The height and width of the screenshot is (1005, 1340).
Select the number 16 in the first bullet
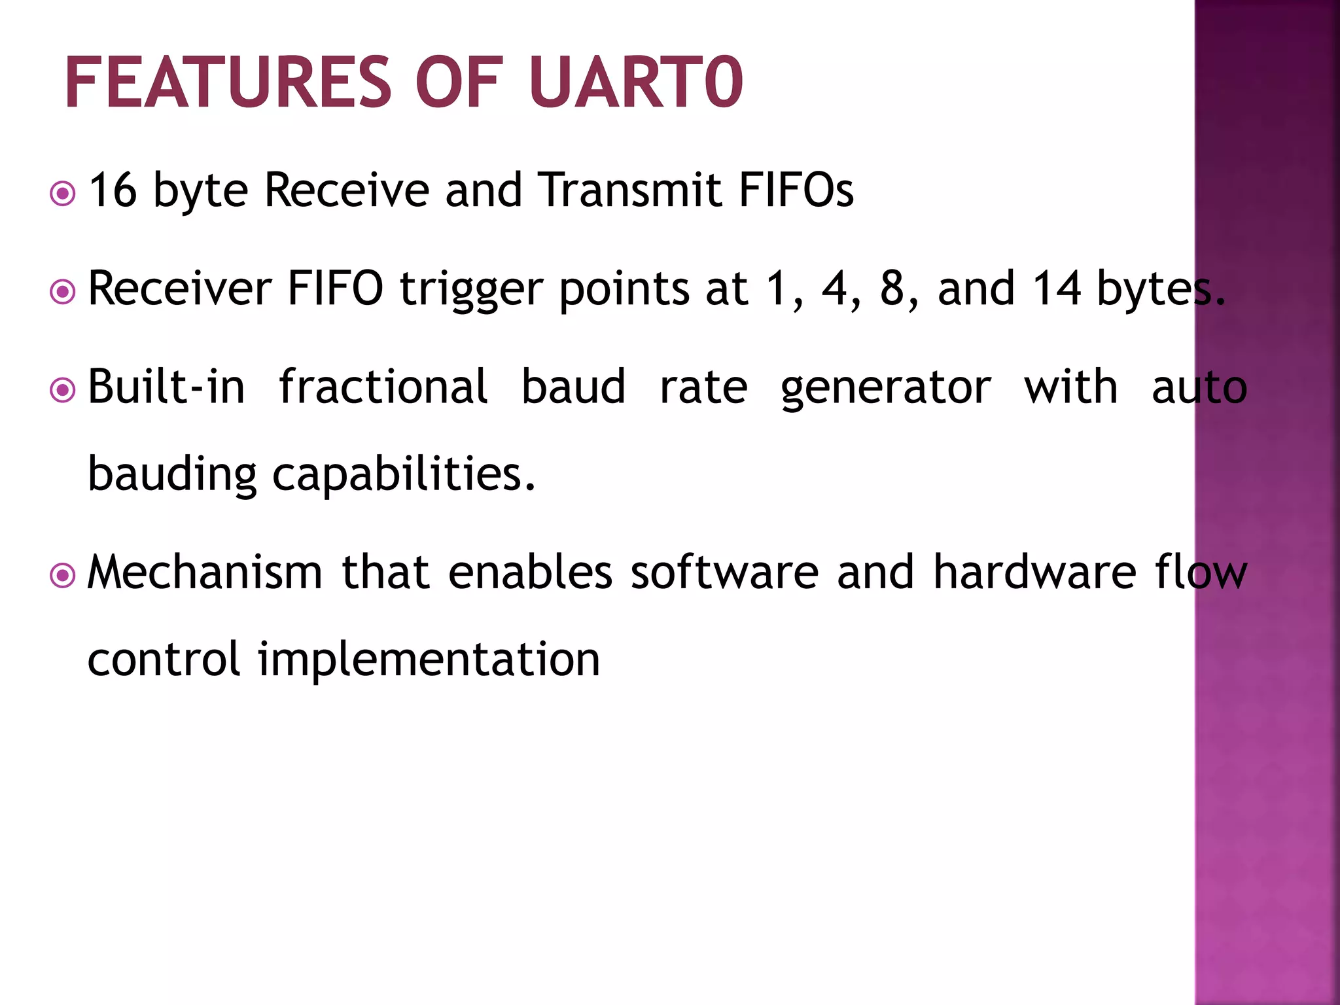113,190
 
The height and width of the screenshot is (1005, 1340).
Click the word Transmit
630,190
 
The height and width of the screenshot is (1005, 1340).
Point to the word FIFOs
796,190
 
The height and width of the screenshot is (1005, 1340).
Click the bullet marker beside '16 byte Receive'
63,194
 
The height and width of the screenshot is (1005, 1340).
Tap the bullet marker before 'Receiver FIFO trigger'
63,292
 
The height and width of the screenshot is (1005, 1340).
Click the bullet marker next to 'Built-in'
63,391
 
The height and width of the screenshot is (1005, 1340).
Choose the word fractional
383,387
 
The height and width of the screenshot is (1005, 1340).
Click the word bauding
172,474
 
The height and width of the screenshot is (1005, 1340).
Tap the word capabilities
403,474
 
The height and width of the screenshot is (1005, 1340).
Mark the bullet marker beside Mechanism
63,576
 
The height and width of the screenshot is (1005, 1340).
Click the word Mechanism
205,573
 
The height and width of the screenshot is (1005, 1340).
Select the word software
724,573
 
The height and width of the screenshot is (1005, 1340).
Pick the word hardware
1034,573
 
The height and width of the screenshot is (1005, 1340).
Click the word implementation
429,660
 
